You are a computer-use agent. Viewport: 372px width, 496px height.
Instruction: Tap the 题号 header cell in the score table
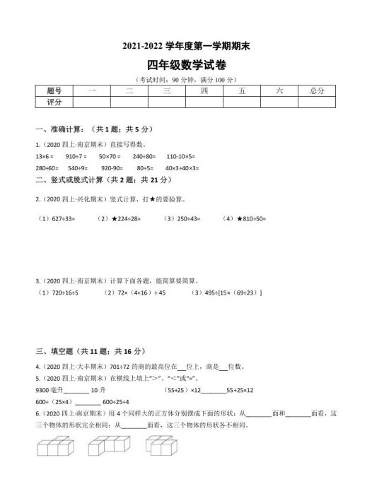click(54, 91)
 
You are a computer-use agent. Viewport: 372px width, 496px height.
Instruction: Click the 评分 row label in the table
click(54, 102)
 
